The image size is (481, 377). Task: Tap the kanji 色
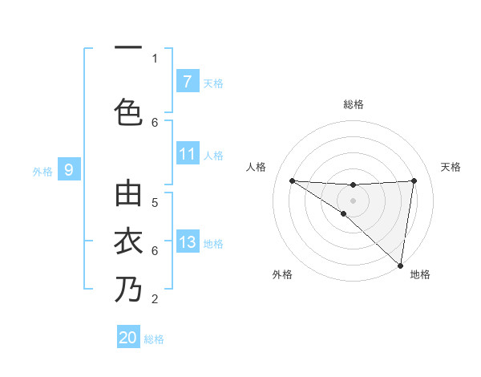(x=128, y=111)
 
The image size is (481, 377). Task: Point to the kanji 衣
(x=128, y=241)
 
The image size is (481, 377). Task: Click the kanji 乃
(x=128, y=290)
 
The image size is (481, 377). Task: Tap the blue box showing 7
(x=187, y=82)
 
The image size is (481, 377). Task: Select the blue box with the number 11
(x=187, y=155)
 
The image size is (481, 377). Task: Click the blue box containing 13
(x=187, y=243)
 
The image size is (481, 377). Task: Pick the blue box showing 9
(x=69, y=170)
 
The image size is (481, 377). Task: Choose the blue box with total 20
(x=128, y=338)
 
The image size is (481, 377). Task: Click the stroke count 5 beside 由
(x=155, y=202)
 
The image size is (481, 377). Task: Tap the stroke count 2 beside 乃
(x=155, y=299)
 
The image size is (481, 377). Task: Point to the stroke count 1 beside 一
(x=155, y=58)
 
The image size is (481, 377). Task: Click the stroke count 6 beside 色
(x=155, y=122)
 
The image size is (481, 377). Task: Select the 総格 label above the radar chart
(x=354, y=104)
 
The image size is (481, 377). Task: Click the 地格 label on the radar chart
(x=420, y=274)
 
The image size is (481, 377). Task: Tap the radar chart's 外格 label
(x=281, y=274)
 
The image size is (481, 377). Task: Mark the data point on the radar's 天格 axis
(x=414, y=180)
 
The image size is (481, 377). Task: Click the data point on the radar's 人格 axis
(x=292, y=180)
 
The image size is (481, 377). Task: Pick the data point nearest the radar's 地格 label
(x=400, y=265)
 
